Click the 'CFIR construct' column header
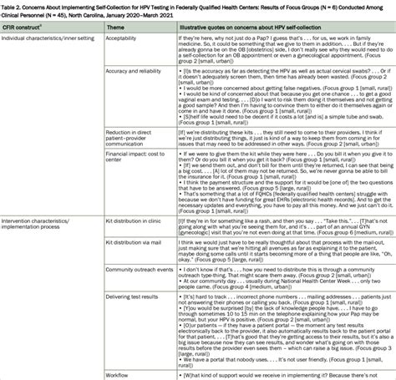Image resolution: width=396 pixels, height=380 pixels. tap(27, 39)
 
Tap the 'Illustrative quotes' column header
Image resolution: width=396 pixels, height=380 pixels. tap(232, 39)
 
